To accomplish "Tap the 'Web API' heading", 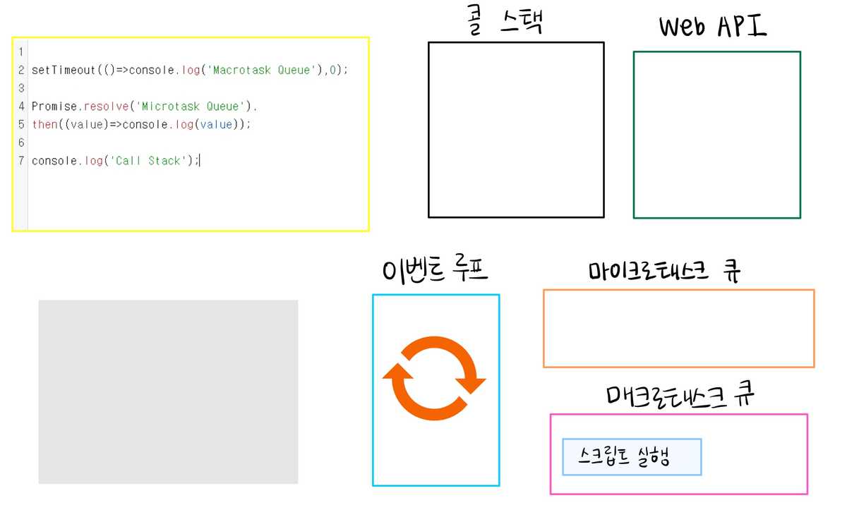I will pyautogui.click(x=713, y=27).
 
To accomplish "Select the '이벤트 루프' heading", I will pyautogui.click(x=435, y=270).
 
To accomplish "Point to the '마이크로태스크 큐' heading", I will pyautogui.click(x=665, y=272).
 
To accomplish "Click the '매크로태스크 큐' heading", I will pyautogui.click(x=680, y=396).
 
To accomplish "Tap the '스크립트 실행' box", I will pyautogui.click(x=632, y=457).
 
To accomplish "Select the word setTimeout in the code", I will pyautogui.click(x=64, y=71).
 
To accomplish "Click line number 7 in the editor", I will pyautogui.click(x=22, y=161).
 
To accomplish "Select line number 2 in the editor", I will pyautogui.click(x=22, y=71).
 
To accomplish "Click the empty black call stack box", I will pyautogui.click(x=516, y=130).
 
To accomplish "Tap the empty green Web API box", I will pyautogui.click(x=716, y=135).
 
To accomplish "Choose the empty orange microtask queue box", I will pyautogui.click(x=678, y=328).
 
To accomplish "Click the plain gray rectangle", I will pyautogui.click(x=168, y=391).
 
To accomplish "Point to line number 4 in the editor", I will pyautogui.click(x=22, y=107).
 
